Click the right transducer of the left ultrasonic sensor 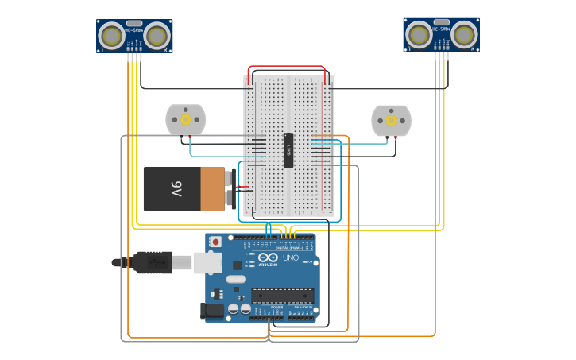(x=157, y=36)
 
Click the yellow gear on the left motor (x=185, y=120)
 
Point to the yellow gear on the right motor (x=391, y=121)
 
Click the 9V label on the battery (x=176, y=189)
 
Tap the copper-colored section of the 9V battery (x=212, y=189)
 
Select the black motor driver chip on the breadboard (x=288, y=149)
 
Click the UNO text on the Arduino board (x=290, y=257)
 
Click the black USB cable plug (x=153, y=262)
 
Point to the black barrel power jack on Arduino (x=213, y=311)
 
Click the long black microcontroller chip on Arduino (x=282, y=296)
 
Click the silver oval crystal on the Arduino (x=236, y=279)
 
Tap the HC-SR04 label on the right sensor (x=441, y=29)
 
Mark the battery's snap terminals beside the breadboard (x=230, y=189)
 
